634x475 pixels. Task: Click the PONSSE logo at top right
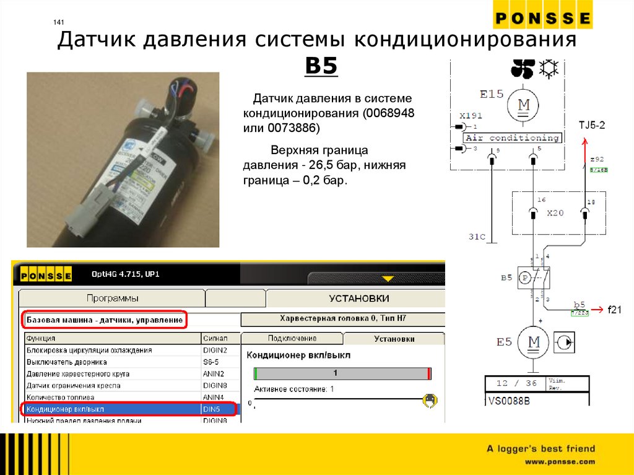(542, 18)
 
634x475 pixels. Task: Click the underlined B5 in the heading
(321, 66)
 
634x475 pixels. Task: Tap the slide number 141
(59, 23)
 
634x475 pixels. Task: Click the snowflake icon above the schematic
(547, 69)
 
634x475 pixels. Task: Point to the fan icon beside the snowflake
(522, 69)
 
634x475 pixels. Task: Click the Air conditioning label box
(512, 138)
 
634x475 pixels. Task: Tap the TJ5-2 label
(592, 125)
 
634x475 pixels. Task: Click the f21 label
(614, 309)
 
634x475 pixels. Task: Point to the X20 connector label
(555, 212)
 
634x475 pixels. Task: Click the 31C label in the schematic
(477, 237)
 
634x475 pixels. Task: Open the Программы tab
(112, 299)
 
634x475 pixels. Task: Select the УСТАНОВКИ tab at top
(358, 299)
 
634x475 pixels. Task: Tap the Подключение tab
(292, 339)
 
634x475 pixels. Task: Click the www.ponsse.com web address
(560, 461)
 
